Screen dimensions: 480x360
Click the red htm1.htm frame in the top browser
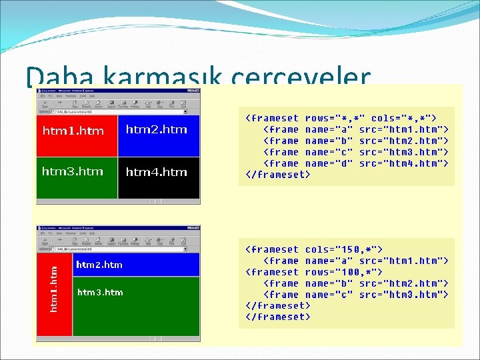tap(77, 137)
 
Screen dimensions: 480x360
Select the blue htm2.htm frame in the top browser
tap(159, 137)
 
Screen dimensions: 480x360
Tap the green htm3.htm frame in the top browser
tap(77, 177)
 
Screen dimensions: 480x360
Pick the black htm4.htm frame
tap(159, 177)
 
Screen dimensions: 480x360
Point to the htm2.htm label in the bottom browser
tap(99, 265)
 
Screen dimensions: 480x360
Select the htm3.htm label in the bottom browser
tap(100, 292)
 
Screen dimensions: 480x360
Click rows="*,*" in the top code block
tap(335, 118)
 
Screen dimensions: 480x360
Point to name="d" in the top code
tap(329, 163)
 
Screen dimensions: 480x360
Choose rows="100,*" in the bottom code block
tap(343, 272)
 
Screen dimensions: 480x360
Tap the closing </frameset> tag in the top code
tap(278, 175)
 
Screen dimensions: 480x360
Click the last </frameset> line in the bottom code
tap(278, 317)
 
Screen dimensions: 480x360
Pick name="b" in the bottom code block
tap(329, 283)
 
